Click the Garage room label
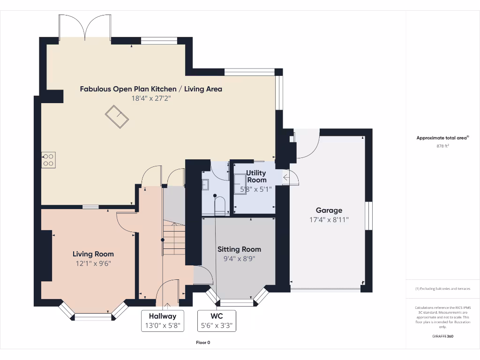[329, 210]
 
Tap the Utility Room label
[256, 177]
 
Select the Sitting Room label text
[239, 249]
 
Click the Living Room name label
[93, 254]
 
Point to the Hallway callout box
[162, 321]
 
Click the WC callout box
[217, 321]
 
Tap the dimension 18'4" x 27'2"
[150, 98]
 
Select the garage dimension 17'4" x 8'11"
[329, 219]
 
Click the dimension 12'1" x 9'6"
[93, 263]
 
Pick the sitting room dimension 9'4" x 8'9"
[239, 258]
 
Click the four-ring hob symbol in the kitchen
[48, 160]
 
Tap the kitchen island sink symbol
[117, 117]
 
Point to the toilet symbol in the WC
[220, 205]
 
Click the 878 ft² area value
[442, 146]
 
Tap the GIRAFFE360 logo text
[442, 336]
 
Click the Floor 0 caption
[203, 343]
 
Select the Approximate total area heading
[442, 138]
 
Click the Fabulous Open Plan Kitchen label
[150, 89]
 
